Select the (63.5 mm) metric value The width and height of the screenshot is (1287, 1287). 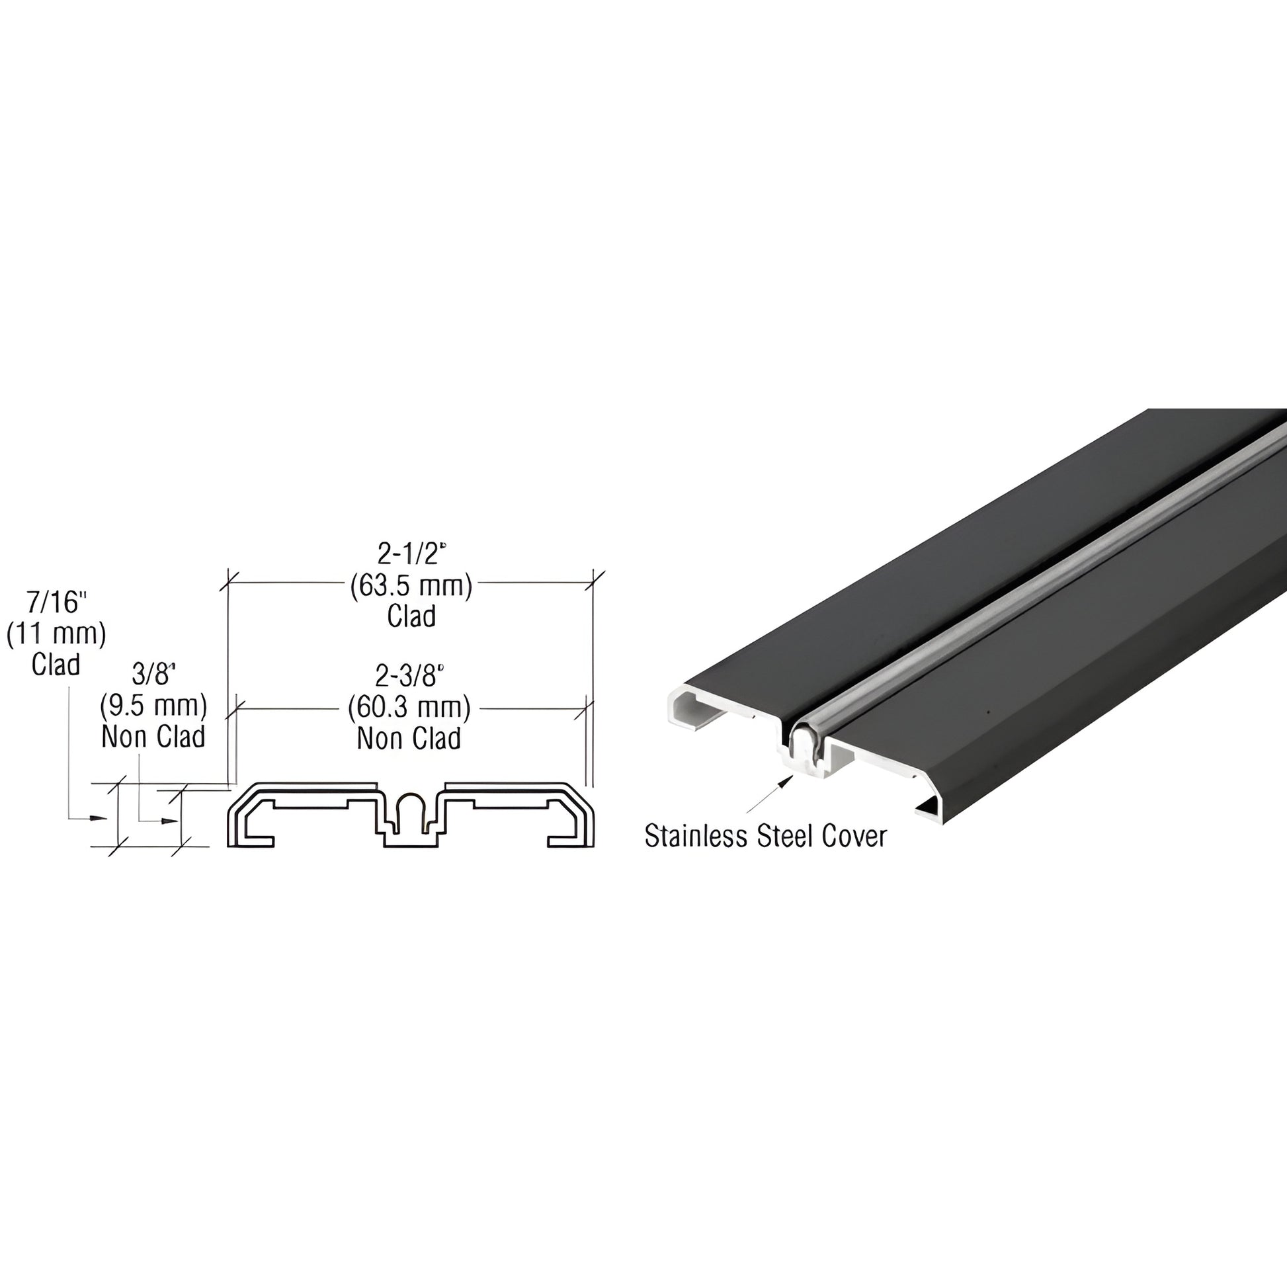click(x=411, y=586)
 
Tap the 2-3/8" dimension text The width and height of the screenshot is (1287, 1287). click(x=409, y=676)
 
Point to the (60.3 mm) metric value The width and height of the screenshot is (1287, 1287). click(x=409, y=708)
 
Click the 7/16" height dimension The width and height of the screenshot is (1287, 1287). click(x=57, y=603)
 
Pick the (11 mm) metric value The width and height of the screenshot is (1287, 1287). click(x=57, y=634)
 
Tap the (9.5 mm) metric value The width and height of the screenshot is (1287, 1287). click(x=154, y=706)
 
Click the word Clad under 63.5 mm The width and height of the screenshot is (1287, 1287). click(x=411, y=616)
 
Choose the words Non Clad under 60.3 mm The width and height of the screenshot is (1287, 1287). click(x=409, y=738)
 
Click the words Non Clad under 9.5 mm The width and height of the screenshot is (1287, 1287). click(x=154, y=737)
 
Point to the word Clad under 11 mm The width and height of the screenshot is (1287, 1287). click(x=56, y=665)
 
